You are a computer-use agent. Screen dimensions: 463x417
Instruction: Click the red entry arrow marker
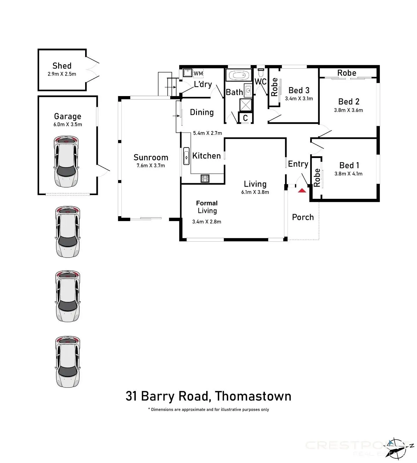click(x=302, y=190)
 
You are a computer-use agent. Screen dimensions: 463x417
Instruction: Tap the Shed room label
click(x=62, y=66)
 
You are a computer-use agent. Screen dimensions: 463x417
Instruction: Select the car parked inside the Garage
click(x=66, y=161)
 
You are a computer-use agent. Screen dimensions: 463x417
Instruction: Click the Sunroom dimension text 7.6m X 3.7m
click(x=151, y=166)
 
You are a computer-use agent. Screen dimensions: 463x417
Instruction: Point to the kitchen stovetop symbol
click(x=205, y=179)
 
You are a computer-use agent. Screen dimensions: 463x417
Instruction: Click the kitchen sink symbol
click(x=186, y=156)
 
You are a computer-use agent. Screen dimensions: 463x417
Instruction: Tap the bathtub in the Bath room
click(x=239, y=76)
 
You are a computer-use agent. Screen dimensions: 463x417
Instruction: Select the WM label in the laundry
click(x=198, y=74)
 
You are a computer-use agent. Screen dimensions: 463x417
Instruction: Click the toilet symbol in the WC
click(x=261, y=70)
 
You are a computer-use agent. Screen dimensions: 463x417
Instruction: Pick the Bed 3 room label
click(x=299, y=90)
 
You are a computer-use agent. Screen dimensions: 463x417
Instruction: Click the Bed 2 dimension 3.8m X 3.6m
click(x=348, y=110)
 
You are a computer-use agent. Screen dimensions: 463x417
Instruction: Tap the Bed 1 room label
click(x=349, y=165)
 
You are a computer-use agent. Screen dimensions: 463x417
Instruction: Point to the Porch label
click(x=303, y=217)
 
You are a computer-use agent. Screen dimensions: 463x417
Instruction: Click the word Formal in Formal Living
click(x=207, y=203)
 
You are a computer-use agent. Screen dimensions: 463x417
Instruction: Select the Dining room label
click(x=202, y=112)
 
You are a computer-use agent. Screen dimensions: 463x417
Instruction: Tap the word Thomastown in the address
click(x=253, y=396)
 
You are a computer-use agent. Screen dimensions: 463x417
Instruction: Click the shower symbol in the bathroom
click(x=246, y=105)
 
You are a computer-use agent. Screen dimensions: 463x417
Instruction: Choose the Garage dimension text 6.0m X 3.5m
click(x=67, y=124)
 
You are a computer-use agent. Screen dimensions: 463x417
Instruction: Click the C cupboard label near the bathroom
click(x=245, y=118)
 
